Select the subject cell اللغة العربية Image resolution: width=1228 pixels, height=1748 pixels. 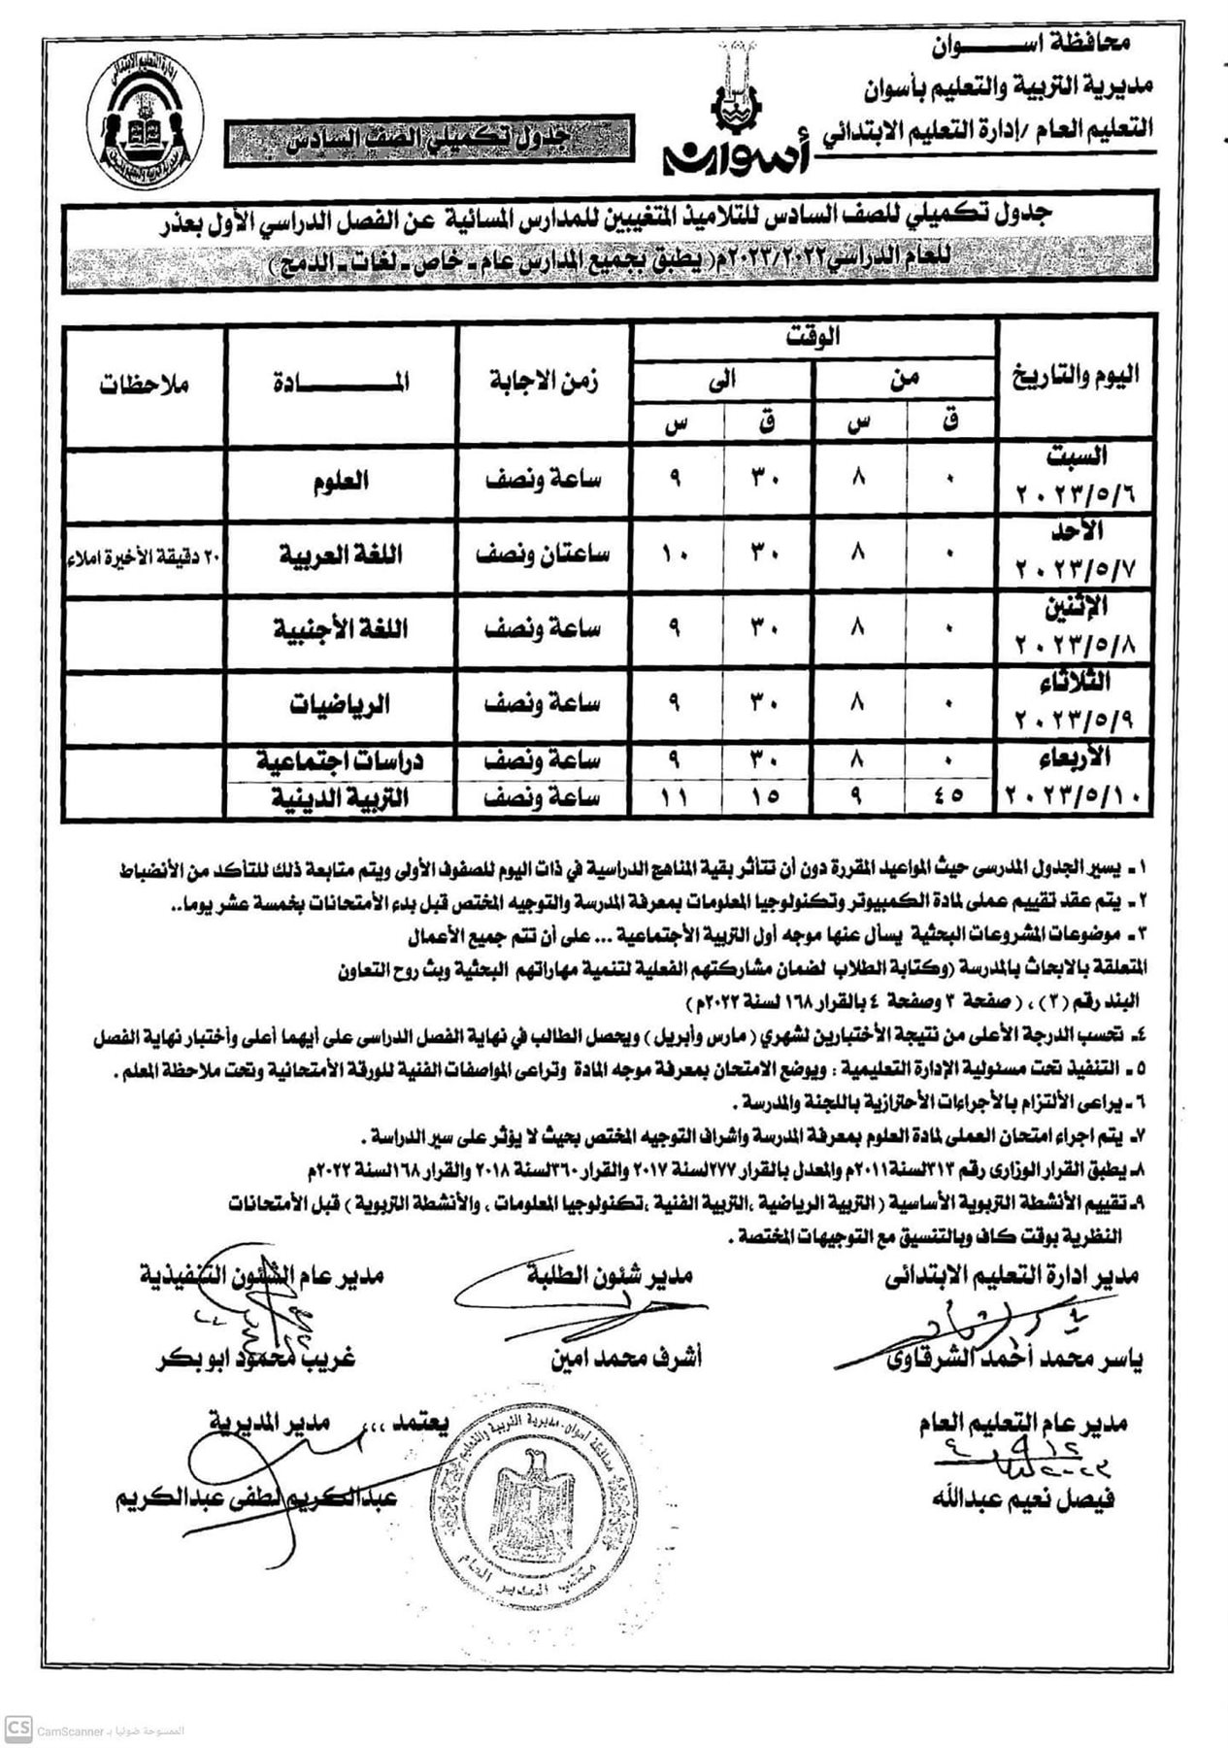click(x=341, y=555)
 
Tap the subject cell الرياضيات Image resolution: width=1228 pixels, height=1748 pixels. click(x=340, y=703)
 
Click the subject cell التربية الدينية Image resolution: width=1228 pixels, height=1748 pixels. click(x=340, y=797)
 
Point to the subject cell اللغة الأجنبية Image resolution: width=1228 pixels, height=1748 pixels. click(x=340, y=628)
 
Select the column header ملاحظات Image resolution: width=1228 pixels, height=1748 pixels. click(x=144, y=384)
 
